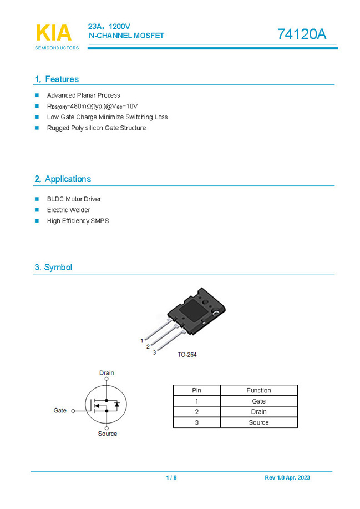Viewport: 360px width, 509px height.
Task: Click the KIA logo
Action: pos(54,33)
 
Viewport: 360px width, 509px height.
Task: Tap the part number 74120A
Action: pos(302,34)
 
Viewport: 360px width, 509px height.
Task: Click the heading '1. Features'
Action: pos(56,79)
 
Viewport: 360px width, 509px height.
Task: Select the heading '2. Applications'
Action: pos(62,179)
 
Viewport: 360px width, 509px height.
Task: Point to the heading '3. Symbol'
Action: pos(53,267)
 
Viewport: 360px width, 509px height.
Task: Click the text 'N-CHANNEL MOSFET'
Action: pos(126,36)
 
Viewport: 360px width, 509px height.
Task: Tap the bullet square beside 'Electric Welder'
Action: pos(37,210)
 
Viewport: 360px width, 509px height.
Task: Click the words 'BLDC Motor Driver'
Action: pos(74,199)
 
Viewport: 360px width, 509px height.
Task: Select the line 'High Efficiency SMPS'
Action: pos(78,221)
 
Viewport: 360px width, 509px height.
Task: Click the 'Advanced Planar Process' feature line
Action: pos(83,95)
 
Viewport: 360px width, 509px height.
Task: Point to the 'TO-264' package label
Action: pos(187,355)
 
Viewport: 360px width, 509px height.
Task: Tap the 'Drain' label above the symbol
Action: pos(107,372)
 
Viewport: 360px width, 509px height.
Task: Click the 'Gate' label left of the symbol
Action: pos(60,410)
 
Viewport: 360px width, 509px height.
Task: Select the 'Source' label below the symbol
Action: pos(107,434)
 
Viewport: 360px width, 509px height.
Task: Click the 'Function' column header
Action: pos(258,390)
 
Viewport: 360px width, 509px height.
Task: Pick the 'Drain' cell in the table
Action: pos(258,412)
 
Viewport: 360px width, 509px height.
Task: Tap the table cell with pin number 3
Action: pos(196,422)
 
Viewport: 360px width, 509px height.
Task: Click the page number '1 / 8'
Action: pos(171,478)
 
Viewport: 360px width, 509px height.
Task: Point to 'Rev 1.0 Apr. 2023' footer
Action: pos(287,478)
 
